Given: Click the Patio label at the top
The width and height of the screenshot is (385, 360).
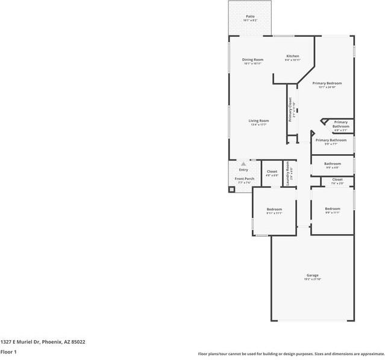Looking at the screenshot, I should point(249,17).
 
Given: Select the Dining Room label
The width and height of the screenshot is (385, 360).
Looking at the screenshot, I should point(252,60).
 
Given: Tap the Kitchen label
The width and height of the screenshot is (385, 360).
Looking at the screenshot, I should point(292,56).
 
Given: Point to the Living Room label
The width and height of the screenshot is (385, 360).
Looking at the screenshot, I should point(258,120).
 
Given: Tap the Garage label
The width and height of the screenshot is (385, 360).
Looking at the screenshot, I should point(312,275).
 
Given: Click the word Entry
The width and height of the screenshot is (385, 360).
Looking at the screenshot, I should point(243,170).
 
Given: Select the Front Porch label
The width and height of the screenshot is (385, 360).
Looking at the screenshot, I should point(244,179).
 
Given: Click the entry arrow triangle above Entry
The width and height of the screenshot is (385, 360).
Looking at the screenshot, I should point(243,163).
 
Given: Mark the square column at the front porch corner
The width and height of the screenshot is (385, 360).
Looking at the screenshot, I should point(231,189).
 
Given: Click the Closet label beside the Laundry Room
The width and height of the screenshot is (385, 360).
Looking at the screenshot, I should point(272,172).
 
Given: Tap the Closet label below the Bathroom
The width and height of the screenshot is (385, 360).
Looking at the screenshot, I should point(337,179).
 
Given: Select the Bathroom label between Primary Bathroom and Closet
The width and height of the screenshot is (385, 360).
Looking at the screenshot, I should point(333,164).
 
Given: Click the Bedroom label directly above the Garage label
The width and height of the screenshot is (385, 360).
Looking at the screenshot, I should point(333,209).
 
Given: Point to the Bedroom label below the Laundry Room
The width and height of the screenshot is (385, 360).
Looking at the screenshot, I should point(274,209).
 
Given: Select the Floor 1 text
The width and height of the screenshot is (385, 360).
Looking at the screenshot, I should point(8,352).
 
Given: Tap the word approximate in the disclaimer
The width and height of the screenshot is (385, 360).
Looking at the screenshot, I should point(368,353).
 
